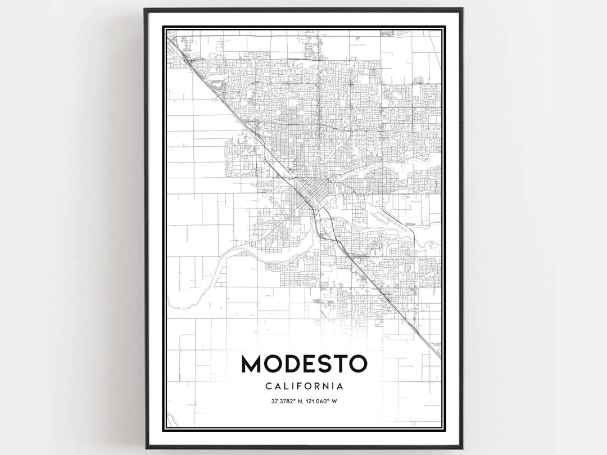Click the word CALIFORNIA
pyautogui.click(x=304, y=386)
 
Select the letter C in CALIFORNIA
pyautogui.click(x=268, y=386)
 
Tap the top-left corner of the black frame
pyautogui.click(x=145, y=9)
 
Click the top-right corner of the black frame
pyautogui.click(x=462, y=9)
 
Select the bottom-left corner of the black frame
pyautogui.click(x=146, y=448)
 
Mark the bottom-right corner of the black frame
pyautogui.click(x=462, y=448)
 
